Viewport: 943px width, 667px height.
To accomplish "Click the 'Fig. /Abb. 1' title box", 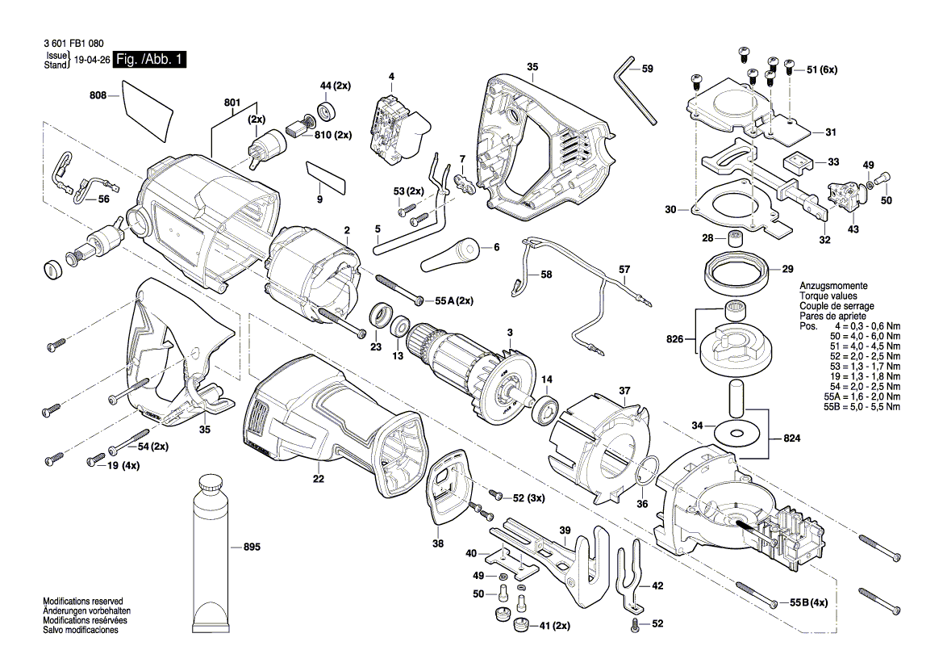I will pos(150,60).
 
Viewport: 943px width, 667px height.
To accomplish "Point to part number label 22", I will pos(319,479).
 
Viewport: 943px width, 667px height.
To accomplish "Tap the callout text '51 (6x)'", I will pos(822,70).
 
